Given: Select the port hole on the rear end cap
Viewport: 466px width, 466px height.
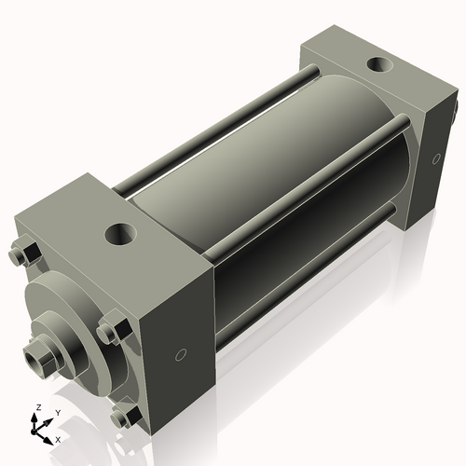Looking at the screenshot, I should [379, 66].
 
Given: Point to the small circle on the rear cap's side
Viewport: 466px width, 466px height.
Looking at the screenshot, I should [435, 158].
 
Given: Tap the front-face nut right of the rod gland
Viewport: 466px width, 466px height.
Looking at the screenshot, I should [110, 331].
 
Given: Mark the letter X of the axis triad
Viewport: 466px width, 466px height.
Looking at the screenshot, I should [58, 438].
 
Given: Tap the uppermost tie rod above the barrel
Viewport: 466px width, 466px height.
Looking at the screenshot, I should [214, 130].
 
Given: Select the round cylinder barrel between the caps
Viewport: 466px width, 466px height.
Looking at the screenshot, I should [280, 205].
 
